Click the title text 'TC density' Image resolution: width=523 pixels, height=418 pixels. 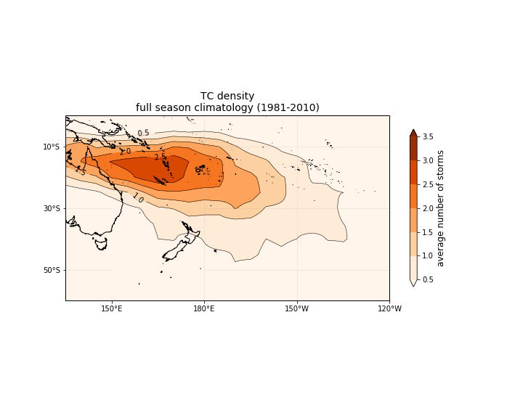tap(227, 97)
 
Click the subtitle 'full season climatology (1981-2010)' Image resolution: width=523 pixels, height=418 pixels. tap(227, 108)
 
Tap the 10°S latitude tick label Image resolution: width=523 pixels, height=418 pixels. tap(52, 147)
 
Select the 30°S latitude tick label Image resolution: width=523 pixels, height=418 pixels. tap(52, 208)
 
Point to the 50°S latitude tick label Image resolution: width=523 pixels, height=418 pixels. tap(52, 270)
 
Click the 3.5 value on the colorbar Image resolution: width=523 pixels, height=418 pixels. tap(428, 136)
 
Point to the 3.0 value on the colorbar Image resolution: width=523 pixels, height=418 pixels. tap(428, 160)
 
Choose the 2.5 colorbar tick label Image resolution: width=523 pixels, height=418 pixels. tap(428, 184)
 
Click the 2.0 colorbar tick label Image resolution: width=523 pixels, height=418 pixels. tap(428, 208)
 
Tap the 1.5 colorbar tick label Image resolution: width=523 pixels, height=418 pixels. tap(428, 231)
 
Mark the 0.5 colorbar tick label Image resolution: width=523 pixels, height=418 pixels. tap(428, 279)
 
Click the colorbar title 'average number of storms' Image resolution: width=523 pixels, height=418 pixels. tap(441, 208)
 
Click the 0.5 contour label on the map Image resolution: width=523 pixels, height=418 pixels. tap(143, 134)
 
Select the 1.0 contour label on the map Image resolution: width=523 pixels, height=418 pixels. tap(137, 198)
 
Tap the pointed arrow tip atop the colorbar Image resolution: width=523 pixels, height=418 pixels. tap(413, 131)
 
